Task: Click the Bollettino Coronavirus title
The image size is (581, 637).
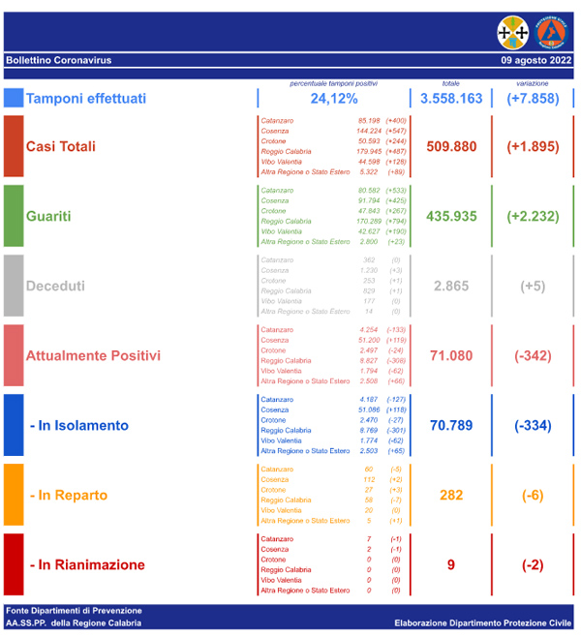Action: (x=58, y=60)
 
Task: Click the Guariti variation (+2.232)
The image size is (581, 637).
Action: (x=533, y=216)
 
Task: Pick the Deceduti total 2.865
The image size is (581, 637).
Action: (x=451, y=286)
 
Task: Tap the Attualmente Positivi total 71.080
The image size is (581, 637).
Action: (x=451, y=355)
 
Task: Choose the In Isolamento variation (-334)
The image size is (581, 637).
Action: (x=533, y=425)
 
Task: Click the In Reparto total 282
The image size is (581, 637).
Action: (x=451, y=495)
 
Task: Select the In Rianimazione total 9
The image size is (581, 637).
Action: (x=451, y=564)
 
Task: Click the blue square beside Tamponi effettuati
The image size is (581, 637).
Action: (x=14, y=99)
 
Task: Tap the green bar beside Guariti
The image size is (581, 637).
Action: (x=14, y=215)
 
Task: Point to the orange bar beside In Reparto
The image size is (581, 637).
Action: (x=14, y=495)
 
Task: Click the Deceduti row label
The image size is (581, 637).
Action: (x=55, y=286)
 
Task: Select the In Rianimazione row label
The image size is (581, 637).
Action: (x=87, y=564)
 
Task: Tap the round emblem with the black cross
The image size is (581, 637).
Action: (x=513, y=32)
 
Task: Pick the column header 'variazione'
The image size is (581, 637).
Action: (x=533, y=83)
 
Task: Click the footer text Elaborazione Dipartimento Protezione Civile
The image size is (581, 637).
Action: (x=483, y=622)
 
